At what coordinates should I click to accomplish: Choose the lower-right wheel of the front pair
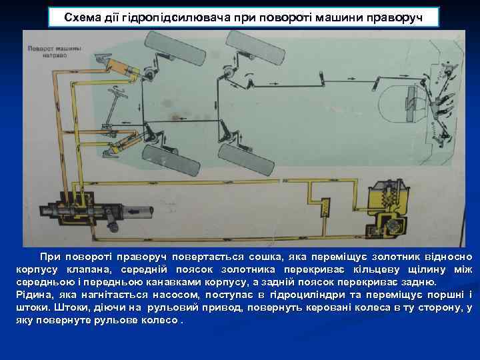coord(250,157)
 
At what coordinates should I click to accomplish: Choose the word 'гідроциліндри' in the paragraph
coord(335,295)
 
